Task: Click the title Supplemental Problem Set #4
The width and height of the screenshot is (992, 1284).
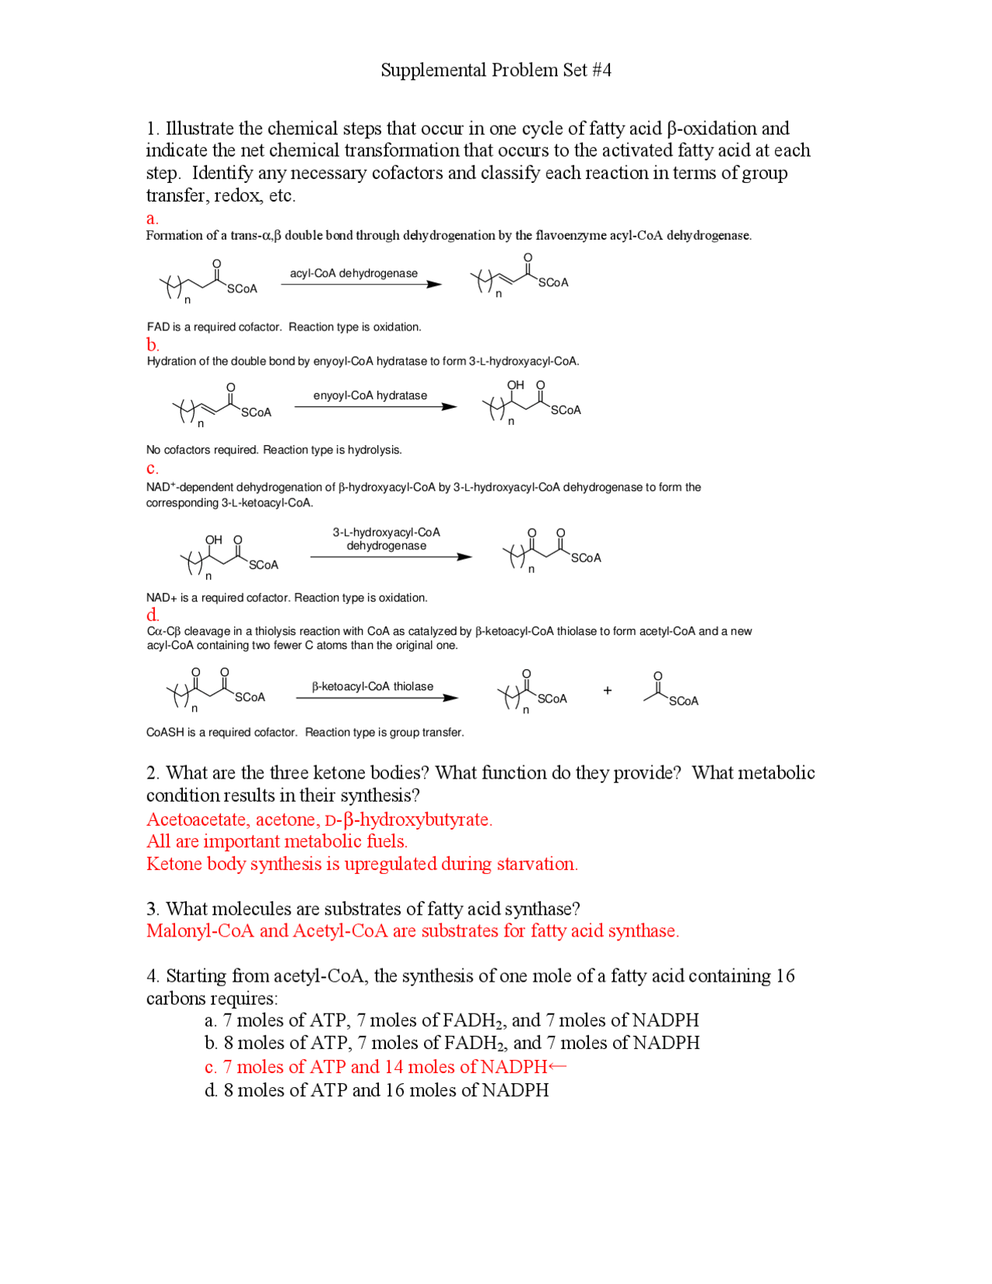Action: (496, 71)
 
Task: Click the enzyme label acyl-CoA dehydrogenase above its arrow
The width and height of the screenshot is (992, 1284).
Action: (353, 273)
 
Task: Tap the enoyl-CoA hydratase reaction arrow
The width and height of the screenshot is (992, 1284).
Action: (375, 407)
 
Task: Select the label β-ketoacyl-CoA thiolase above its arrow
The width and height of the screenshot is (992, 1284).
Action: (373, 686)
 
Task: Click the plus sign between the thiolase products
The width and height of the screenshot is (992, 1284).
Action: (608, 690)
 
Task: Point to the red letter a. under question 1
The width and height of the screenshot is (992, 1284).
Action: (152, 219)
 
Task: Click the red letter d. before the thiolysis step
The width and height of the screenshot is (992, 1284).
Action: (153, 615)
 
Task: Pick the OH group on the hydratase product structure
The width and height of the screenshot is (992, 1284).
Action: (515, 385)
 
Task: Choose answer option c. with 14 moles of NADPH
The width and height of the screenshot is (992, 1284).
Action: (376, 1067)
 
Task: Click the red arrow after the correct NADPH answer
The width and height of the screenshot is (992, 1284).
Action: (557, 1067)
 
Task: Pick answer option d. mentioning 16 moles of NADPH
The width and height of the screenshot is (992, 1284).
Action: (377, 1090)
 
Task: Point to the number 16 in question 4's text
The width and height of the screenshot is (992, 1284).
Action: (785, 975)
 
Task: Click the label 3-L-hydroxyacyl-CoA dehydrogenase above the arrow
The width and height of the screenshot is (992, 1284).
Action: (386, 539)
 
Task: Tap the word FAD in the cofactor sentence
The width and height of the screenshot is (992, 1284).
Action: (158, 327)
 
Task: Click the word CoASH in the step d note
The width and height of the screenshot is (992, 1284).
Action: (165, 732)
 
